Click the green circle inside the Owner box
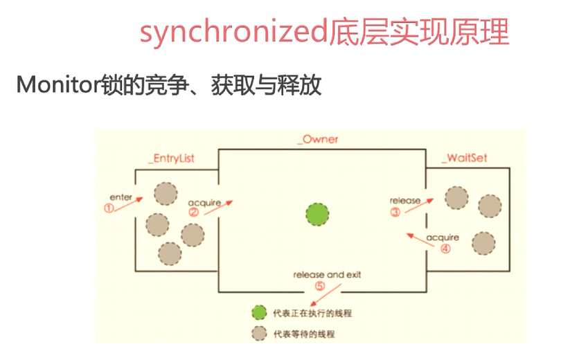click(x=318, y=213)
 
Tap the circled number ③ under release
click(x=395, y=213)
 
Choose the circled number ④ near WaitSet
click(x=445, y=249)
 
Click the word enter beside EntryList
click(x=121, y=197)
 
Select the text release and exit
click(x=327, y=275)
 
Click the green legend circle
click(x=259, y=313)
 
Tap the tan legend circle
click(x=259, y=333)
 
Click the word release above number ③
click(x=405, y=201)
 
